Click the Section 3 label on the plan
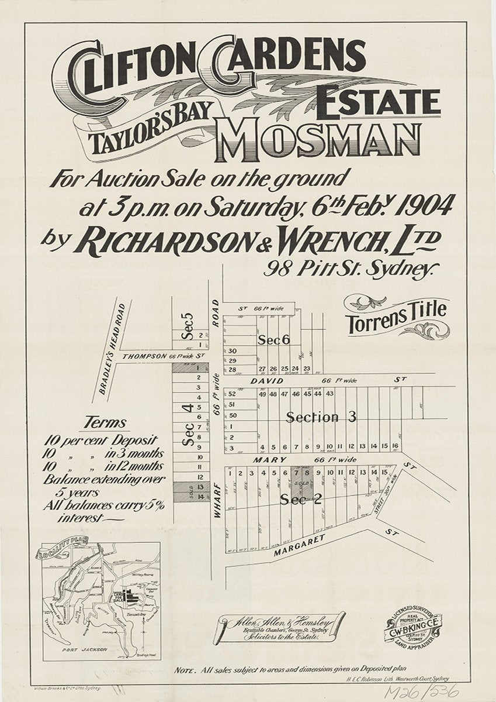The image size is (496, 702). pyautogui.click(x=321, y=417)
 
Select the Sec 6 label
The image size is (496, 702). pyautogui.click(x=274, y=340)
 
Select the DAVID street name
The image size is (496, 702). pyautogui.click(x=267, y=381)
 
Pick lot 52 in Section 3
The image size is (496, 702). pyautogui.click(x=232, y=394)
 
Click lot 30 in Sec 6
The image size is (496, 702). pyautogui.click(x=232, y=350)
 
